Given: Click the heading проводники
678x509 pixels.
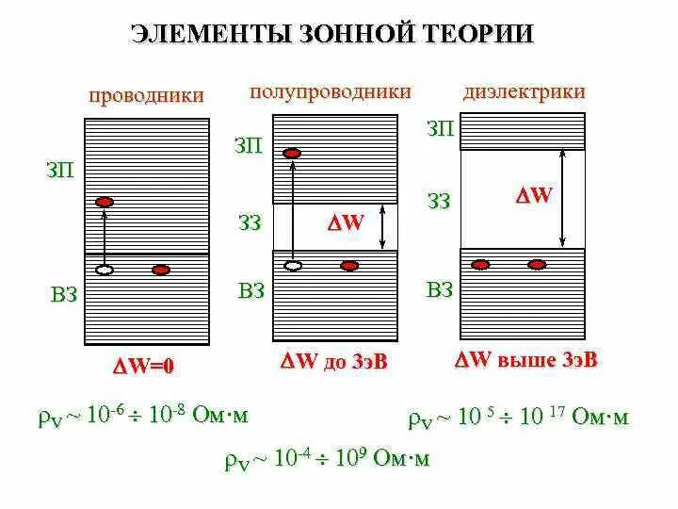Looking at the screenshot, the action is pos(146,95).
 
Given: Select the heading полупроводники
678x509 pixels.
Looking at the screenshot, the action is pos(330,91).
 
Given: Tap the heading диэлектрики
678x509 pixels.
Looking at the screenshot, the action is pos(524,91).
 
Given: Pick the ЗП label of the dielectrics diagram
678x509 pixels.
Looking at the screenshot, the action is pos(440,128).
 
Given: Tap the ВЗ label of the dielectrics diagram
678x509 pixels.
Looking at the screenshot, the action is pos(440,289).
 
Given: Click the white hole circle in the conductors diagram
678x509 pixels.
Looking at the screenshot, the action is pos(105,270).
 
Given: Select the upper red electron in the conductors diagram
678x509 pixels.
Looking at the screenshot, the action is pos(105,202).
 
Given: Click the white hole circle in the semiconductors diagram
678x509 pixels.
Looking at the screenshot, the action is pos(294,266).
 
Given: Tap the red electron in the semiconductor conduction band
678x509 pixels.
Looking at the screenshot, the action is pos(293,153).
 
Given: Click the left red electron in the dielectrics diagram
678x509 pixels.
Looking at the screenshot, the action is pos(481,264).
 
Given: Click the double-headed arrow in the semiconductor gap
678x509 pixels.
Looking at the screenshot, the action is pos(382,228).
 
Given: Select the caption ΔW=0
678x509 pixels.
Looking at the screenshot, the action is pos(143,367).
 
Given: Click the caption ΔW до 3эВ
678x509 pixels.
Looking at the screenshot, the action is pos(334,361).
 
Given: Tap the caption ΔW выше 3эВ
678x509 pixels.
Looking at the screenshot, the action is pos(526,360).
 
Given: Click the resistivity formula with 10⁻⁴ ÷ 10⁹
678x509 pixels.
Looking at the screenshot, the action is pos(327,459).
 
